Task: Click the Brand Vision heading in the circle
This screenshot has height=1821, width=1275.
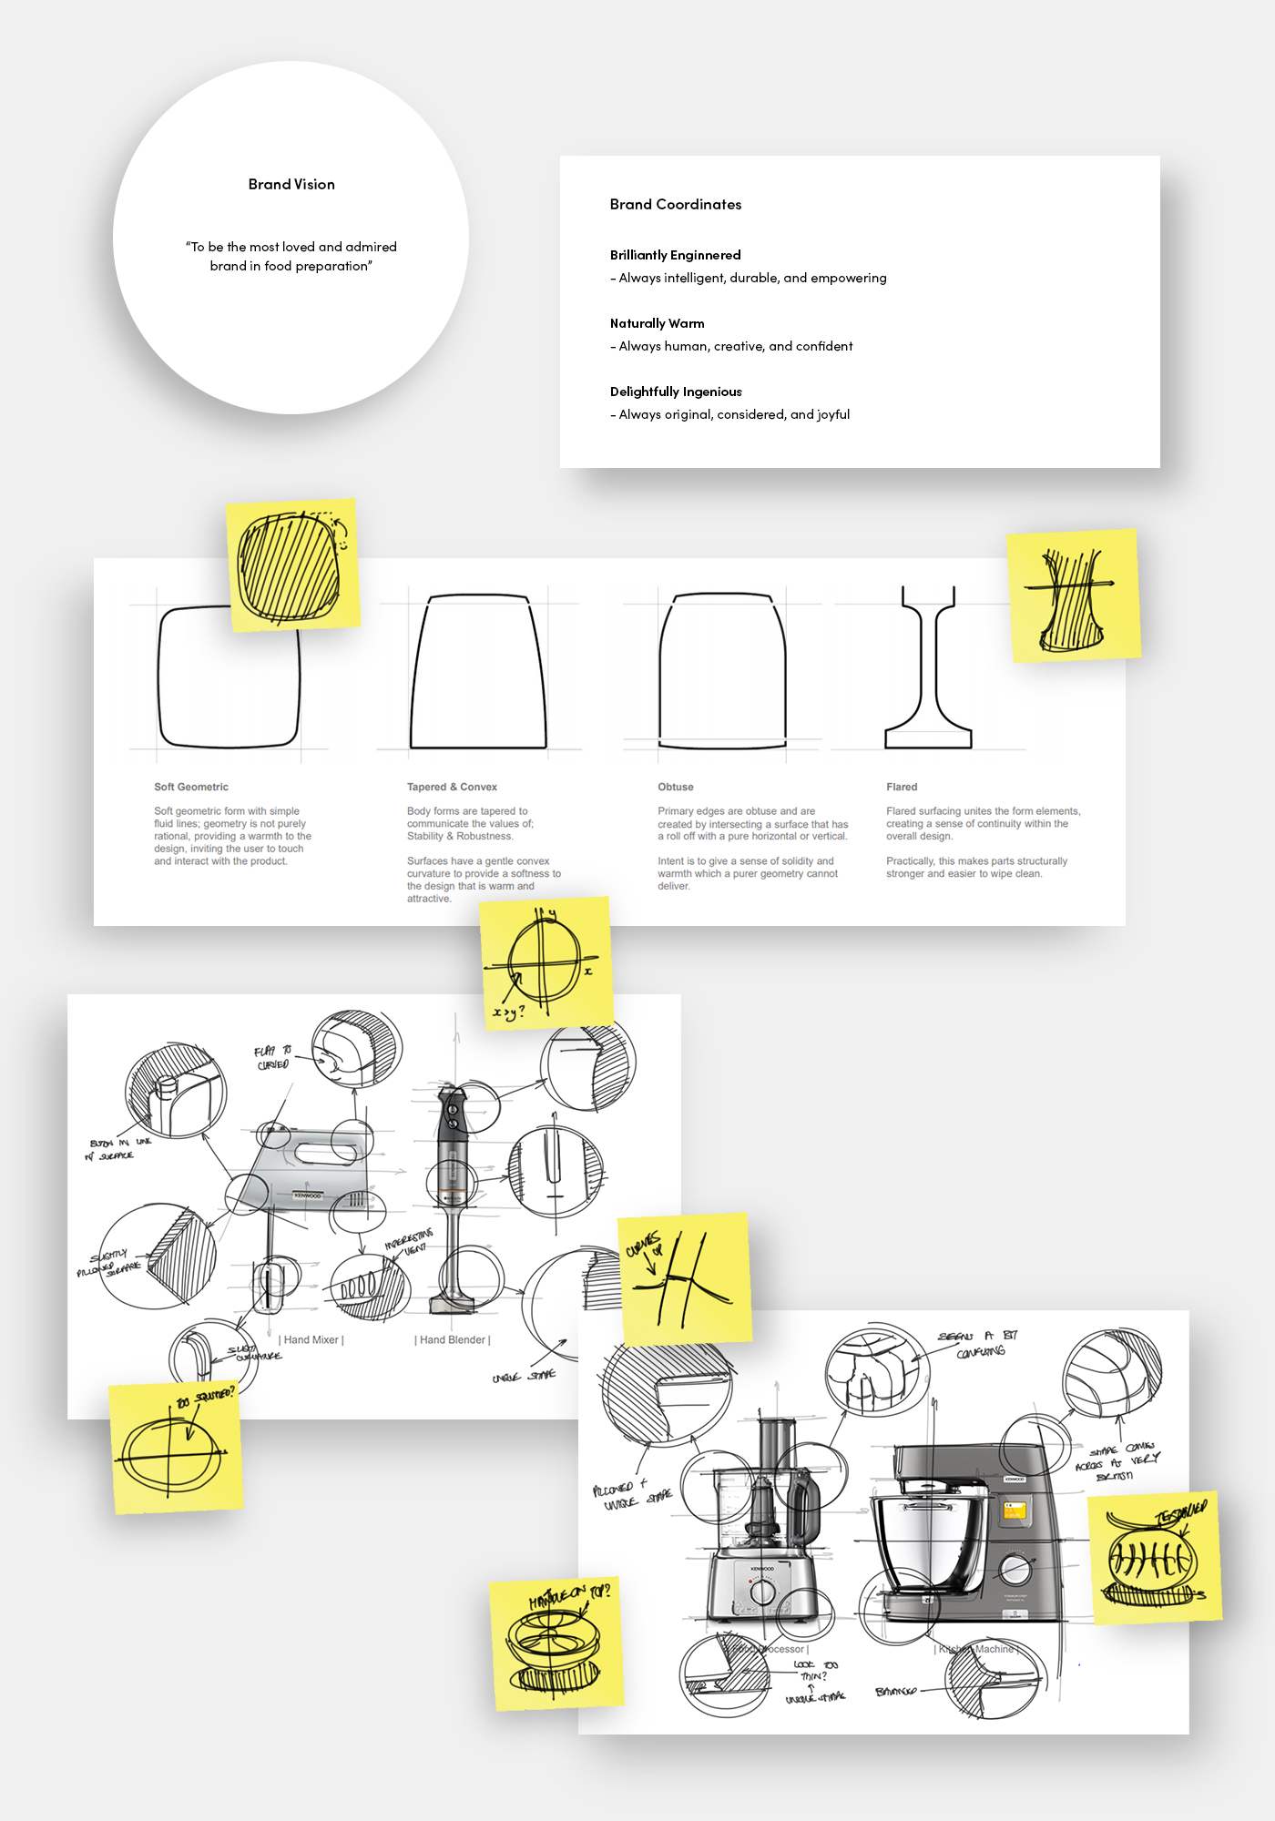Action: point(291,184)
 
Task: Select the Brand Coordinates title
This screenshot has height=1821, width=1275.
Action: point(675,204)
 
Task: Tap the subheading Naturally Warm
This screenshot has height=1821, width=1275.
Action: point(657,323)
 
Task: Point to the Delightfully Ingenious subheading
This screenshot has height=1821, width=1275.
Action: point(675,392)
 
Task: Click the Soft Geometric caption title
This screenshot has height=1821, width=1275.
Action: point(191,787)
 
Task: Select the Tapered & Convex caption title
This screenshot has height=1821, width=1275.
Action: point(452,787)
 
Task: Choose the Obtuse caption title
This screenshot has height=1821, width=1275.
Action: point(675,787)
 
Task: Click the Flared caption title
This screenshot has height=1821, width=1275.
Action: point(901,787)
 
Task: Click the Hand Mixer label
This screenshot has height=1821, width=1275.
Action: point(311,1339)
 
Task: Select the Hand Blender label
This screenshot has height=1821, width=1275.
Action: point(453,1339)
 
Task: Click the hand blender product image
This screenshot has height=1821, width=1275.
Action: point(453,1193)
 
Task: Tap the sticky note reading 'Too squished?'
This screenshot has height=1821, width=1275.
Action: point(176,1448)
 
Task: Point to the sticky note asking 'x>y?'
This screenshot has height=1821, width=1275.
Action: point(546,961)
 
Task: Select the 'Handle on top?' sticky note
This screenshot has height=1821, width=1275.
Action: point(556,1643)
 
